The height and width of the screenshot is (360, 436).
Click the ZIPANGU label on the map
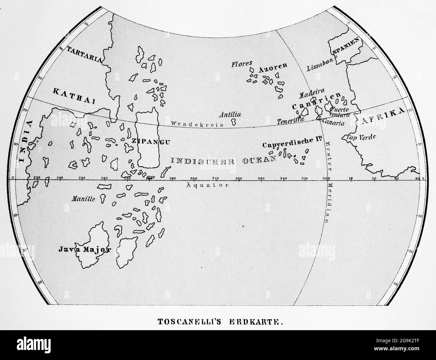(x=151, y=141)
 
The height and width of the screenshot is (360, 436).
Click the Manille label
(x=84, y=198)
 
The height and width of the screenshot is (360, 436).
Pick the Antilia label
(x=230, y=115)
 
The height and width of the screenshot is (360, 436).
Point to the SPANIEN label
(x=345, y=47)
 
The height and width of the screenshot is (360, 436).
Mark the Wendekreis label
(x=188, y=124)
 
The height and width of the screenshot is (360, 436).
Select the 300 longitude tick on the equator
(x=194, y=178)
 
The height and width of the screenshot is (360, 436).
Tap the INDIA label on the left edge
(x=22, y=140)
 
